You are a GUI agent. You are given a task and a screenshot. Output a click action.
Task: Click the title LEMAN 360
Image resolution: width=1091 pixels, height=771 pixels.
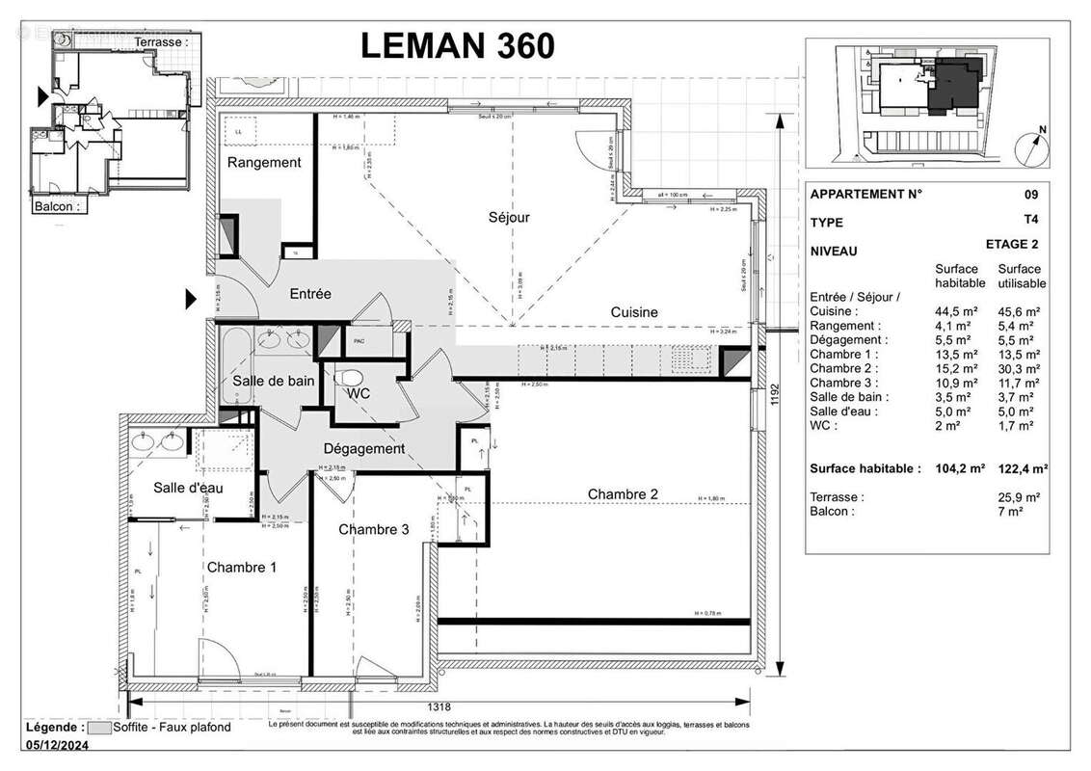pos(457,45)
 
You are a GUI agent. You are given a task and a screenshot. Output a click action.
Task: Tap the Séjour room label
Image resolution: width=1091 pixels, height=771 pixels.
pos(509,218)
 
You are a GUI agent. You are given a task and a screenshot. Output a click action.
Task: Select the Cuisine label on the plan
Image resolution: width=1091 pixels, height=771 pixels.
pos(634,312)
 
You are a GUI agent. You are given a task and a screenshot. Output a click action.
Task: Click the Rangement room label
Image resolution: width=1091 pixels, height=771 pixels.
pos(264,163)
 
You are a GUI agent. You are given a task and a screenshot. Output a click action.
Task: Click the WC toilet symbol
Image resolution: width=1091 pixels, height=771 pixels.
pos(352,378)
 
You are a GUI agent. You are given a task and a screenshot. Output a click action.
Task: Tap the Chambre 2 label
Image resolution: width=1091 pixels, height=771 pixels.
pos(624,494)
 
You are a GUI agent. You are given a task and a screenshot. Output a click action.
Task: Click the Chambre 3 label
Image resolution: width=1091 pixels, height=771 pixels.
pos(373,530)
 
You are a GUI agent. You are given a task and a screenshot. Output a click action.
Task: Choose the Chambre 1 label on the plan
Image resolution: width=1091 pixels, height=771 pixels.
pos(242,568)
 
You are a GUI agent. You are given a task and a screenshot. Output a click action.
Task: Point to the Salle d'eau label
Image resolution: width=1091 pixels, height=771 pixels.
pos(189,489)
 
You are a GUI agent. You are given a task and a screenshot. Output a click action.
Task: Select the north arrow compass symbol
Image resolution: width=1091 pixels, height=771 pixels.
pos(1032,146)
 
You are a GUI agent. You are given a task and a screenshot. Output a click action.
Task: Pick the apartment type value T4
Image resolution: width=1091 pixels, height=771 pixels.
pos(1031,221)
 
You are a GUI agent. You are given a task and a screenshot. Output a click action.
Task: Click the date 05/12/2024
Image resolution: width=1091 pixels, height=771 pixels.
pos(58,744)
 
